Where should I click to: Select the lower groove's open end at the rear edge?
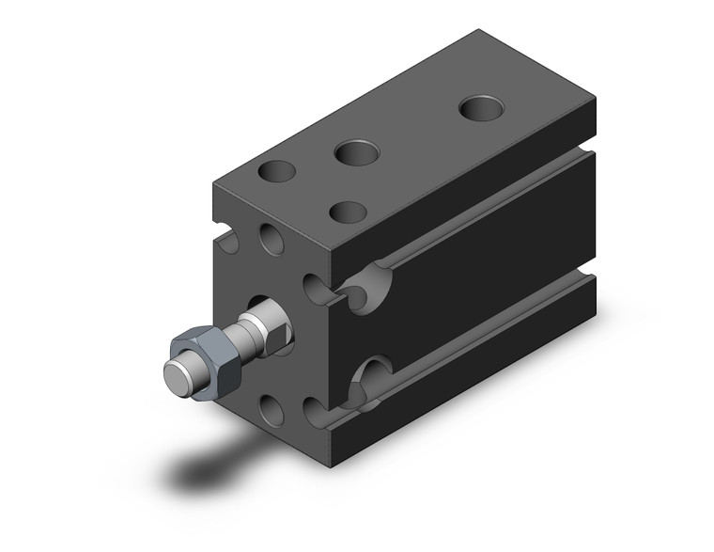click(x=589, y=278)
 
